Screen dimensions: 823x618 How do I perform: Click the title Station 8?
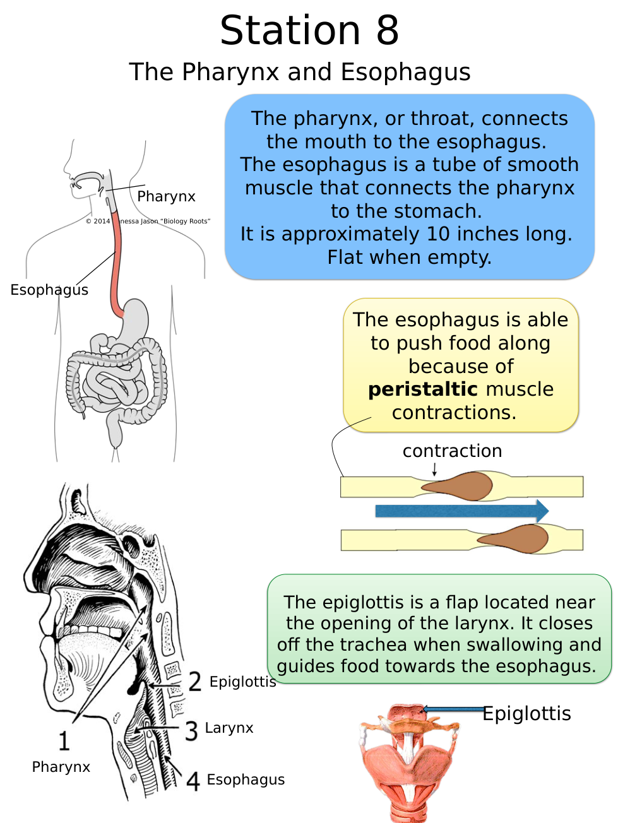pyautogui.click(x=309, y=30)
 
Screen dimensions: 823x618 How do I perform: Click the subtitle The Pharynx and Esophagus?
pyautogui.click(x=300, y=72)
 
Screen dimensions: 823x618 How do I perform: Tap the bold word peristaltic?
pyautogui.click(x=423, y=389)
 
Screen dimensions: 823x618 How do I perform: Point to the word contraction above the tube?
pyautogui.click(x=452, y=451)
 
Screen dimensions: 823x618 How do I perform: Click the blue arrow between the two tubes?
pyautogui.click(x=461, y=511)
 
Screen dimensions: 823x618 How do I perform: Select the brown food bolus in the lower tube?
pyautogui.click(x=518, y=539)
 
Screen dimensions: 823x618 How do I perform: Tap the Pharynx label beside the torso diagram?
pyautogui.click(x=166, y=196)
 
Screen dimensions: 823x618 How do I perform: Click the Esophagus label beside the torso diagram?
pyautogui.click(x=49, y=290)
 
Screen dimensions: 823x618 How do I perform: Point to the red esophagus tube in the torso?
pyautogui.click(x=116, y=265)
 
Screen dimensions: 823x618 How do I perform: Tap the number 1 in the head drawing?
pyautogui.click(x=64, y=741)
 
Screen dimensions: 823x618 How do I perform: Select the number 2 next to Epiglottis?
pyautogui.click(x=195, y=682)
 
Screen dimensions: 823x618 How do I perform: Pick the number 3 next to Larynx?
pyautogui.click(x=192, y=731)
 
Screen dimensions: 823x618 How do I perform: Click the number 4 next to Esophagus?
pyautogui.click(x=193, y=781)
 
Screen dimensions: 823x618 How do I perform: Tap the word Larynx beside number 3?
pyautogui.click(x=229, y=728)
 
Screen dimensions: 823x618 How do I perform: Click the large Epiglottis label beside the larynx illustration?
pyautogui.click(x=526, y=714)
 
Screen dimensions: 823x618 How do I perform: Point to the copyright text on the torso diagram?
pyautogui.click(x=148, y=221)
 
